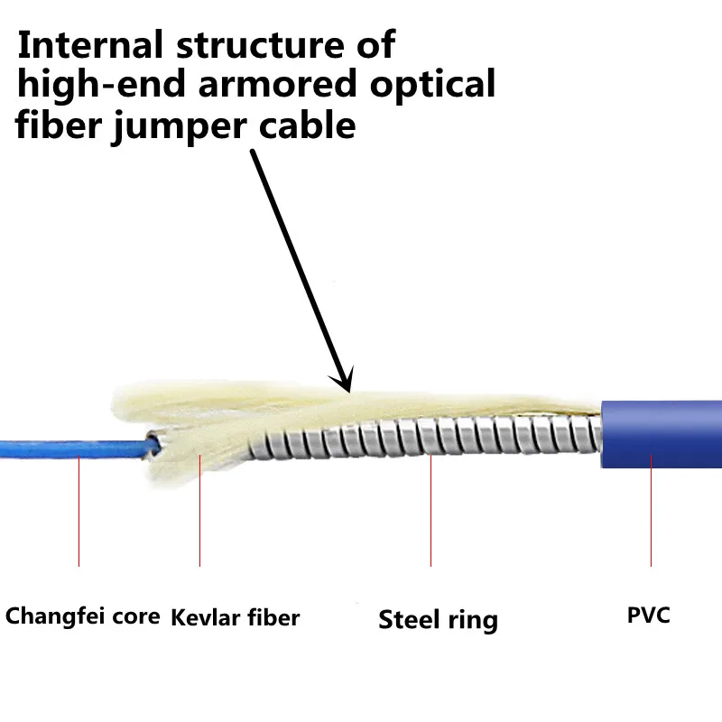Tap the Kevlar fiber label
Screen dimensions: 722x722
click(235, 617)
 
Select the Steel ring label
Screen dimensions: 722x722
click(438, 620)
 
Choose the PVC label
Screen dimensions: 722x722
click(649, 616)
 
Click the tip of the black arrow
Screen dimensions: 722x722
click(347, 388)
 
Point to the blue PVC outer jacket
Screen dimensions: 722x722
click(663, 433)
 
